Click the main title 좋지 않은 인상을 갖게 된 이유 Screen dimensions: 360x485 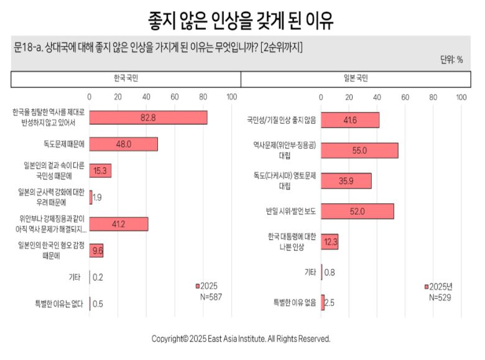tap(241, 20)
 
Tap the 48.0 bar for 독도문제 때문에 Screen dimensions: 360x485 tap(123, 144)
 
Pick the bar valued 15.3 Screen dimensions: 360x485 tap(100, 171)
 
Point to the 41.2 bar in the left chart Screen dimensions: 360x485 tap(119, 224)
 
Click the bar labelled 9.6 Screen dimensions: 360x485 tap(96, 251)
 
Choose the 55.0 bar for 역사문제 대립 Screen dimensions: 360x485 tap(359, 150)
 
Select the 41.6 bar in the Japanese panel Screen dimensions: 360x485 tap(350, 120)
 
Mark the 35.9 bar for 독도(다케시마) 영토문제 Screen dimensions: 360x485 tap(346, 181)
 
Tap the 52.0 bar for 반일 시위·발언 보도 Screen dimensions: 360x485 tap(358, 211)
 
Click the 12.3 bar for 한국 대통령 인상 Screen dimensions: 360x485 tap(330, 242)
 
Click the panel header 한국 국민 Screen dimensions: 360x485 tap(126, 79)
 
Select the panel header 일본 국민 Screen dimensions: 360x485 tap(356, 79)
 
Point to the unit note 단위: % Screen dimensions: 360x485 tap(451, 60)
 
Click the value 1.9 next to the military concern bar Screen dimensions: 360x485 tap(98, 198)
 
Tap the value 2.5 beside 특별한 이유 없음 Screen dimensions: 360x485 tap(330, 303)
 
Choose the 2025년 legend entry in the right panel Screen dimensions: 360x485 tap(440, 287)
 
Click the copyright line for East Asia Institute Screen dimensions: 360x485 tap(241, 339)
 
